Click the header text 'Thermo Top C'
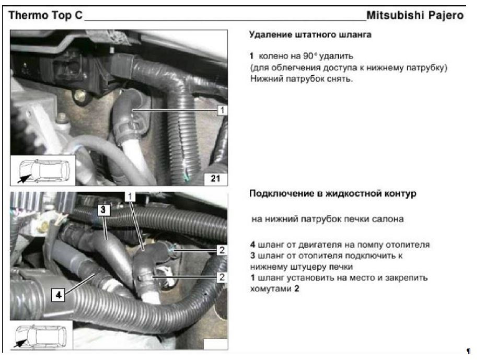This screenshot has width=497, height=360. click(45, 15)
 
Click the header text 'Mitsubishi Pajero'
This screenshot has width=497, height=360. click(415, 15)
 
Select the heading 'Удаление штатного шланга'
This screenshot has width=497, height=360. click(310, 34)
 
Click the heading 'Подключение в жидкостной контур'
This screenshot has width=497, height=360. click(332, 193)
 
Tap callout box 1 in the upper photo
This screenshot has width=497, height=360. click(222, 110)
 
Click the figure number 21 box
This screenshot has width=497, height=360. click(215, 178)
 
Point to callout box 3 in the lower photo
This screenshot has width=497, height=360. click(103, 210)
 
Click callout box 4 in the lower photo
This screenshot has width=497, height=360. click(59, 295)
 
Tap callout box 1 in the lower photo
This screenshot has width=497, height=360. click(130, 197)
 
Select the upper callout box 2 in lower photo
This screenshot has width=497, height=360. click(222, 250)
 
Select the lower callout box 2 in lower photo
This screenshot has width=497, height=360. click(222, 277)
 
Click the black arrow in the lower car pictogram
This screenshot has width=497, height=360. click(20, 343)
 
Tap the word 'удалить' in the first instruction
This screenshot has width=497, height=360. click(336, 56)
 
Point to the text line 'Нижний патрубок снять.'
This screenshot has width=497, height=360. click(302, 78)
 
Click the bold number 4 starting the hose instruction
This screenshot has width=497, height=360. click(252, 245)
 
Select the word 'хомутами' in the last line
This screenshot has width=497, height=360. click(271, 289)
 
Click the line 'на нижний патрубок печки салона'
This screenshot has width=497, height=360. click(328, 219)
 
